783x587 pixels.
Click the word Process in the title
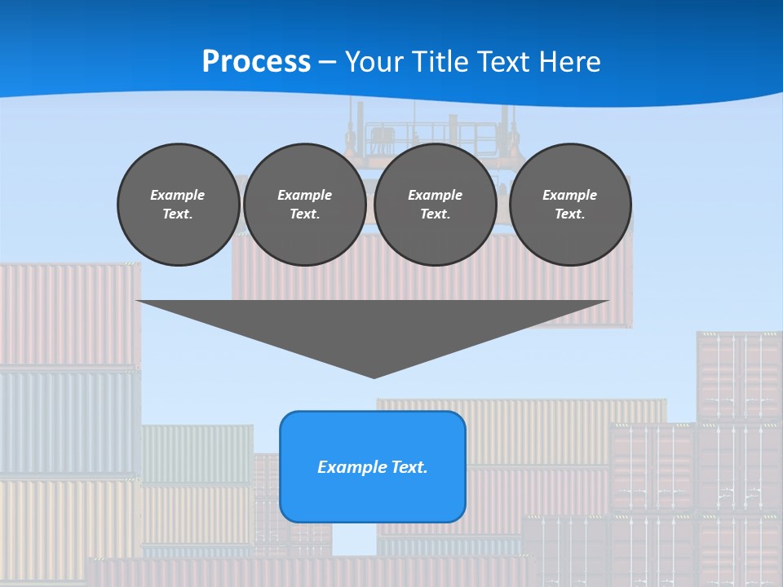coord(256,62)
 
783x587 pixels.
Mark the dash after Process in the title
coord(328,63)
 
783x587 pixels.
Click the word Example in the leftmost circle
coord(178,195)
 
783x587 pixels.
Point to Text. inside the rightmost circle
coord(570,214)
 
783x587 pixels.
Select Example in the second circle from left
coord(304,195)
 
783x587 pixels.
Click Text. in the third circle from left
coord(436,214)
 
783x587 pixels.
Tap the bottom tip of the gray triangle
coord(374,377)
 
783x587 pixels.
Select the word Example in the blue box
coord(350,467)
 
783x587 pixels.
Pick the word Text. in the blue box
coord(407,467)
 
